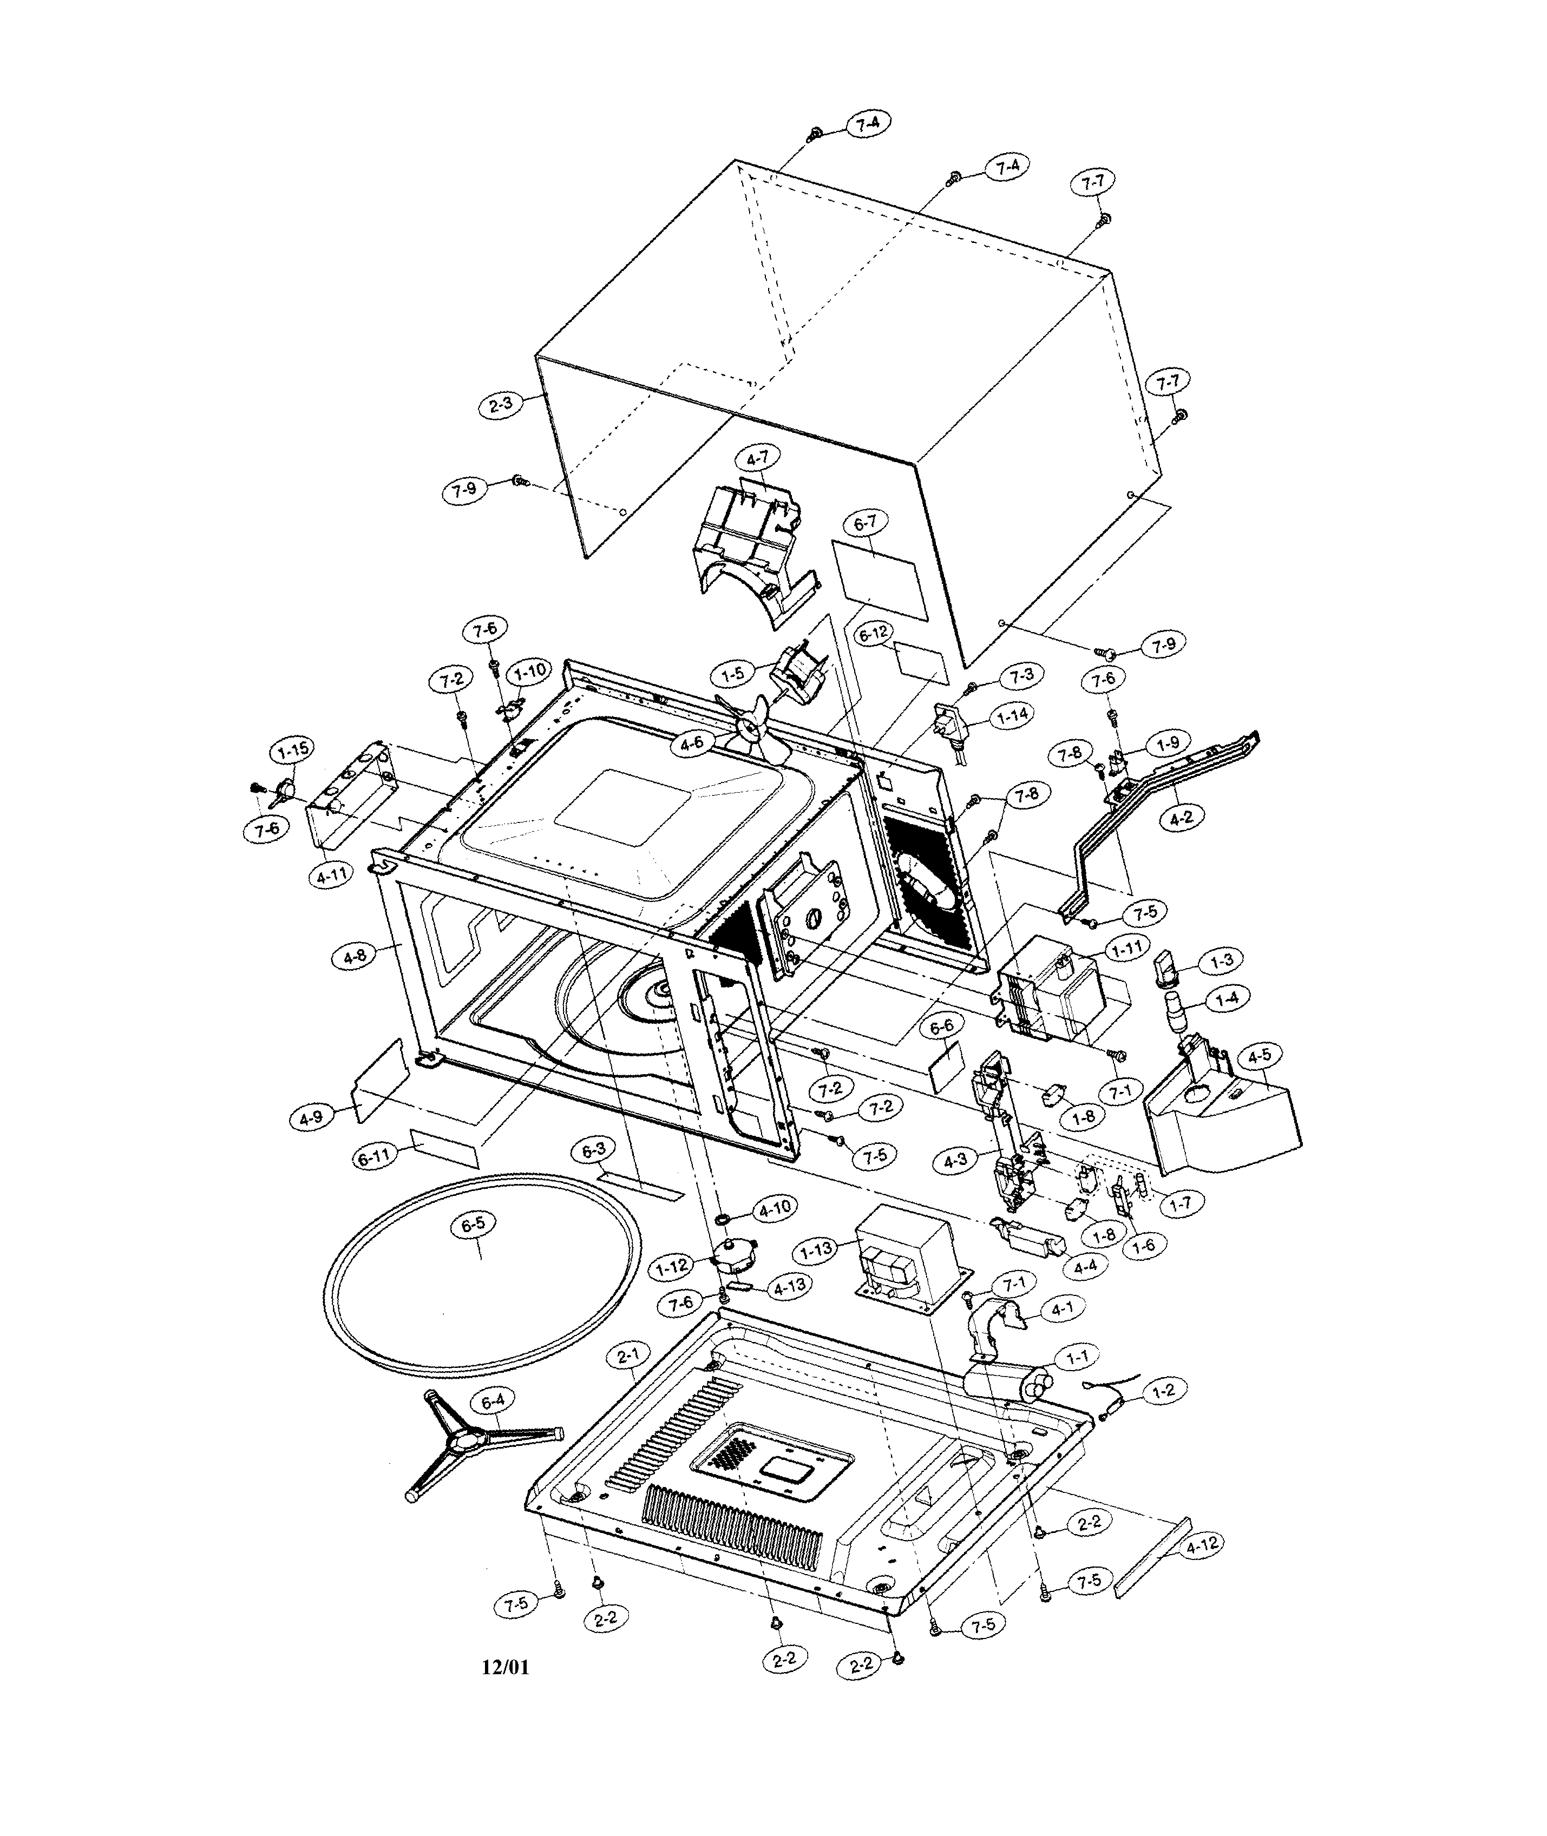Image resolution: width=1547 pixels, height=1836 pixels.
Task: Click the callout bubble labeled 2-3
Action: tap(501, 405)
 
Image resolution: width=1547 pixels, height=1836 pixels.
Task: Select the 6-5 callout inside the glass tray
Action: tap(473, 1226)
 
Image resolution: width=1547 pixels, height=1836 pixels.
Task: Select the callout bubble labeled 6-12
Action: tap(874, 635)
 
